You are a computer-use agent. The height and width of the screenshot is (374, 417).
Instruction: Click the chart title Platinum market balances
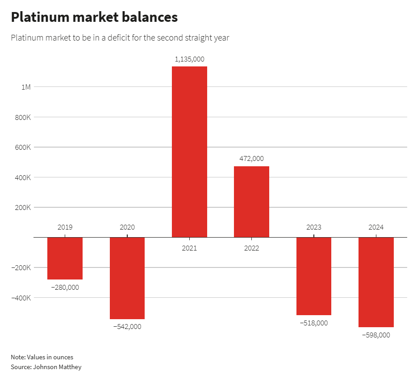(x=94, y=17)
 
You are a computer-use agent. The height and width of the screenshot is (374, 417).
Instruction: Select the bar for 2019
(x=65, y=258)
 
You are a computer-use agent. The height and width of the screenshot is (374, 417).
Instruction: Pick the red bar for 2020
(x=127, y=278)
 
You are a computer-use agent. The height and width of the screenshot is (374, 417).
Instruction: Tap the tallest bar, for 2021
(x=189, y=152)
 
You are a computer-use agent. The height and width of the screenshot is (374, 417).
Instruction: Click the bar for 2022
(x=251, y=201)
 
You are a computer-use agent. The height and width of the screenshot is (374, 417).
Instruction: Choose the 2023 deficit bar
(x=314, y=276)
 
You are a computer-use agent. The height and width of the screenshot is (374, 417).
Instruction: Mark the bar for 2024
(x=376, y=282)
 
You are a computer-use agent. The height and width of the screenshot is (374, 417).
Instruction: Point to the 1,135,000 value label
(x=189, y=59)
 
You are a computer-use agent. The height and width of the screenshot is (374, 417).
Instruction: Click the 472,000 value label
(x=251, y=159)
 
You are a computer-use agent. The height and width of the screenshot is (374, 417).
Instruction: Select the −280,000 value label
(x=65, y=288)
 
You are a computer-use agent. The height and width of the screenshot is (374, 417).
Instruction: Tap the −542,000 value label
(x=127, y=327)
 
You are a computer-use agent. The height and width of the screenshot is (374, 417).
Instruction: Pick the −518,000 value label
(x=314, y=323)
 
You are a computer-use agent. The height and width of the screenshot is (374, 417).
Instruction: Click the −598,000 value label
(x=376, y=335)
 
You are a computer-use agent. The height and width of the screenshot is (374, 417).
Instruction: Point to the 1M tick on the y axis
(x=26, y=87)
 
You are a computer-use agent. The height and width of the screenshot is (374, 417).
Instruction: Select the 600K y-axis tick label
(x=23, y=147)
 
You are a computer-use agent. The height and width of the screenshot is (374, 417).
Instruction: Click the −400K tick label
(x=21, y=298)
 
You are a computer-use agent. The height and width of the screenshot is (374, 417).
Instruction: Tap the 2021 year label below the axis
(x=189, y=248)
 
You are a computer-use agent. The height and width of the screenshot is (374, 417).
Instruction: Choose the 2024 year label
(x=376, y=227)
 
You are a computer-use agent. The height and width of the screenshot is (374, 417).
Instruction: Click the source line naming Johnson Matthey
(x=46, y=367)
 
